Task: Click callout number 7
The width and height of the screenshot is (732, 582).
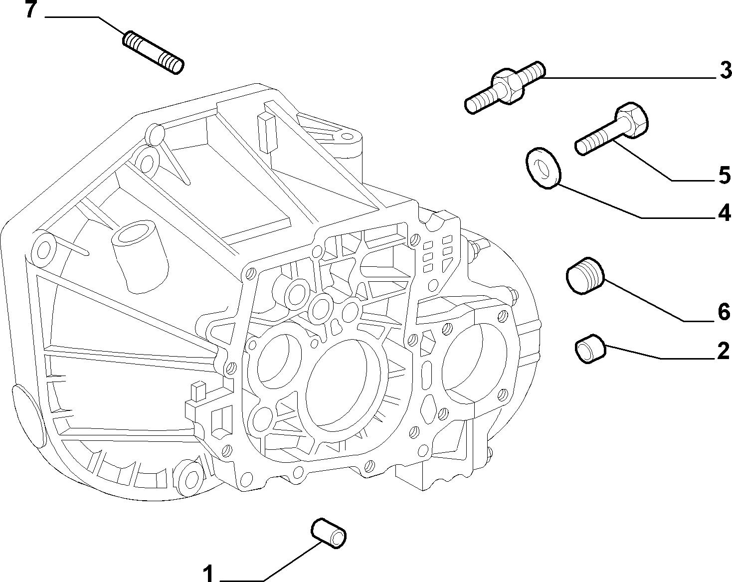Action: [x=31, y=10]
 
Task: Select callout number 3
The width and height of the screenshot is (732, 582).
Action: [x=725, y=70]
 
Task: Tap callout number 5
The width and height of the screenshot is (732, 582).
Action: [x=725, y=175]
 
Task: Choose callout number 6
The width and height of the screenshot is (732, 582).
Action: [x=724, y=312]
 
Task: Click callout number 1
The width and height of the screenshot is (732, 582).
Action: [x=208, y=574]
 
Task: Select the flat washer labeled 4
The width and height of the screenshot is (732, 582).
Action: [x=543, y=168]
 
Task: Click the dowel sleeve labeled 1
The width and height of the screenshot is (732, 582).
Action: [x=329, y=534]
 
